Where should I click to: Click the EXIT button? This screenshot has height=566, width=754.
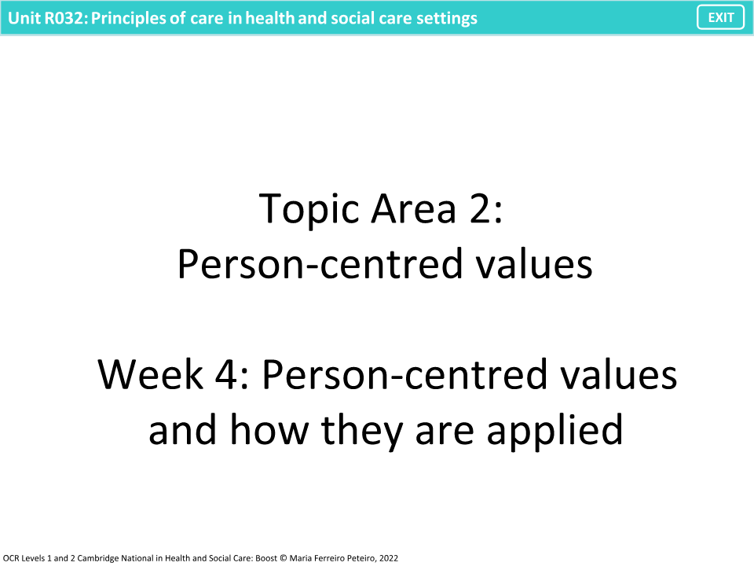720,17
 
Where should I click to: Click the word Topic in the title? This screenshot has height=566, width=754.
307,209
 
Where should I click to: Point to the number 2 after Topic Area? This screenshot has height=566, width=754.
480,209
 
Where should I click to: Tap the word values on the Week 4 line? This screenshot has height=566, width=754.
619,376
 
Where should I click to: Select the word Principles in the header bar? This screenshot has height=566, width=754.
127,18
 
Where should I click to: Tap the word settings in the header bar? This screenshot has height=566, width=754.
448,18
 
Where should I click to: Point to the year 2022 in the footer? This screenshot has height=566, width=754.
389,557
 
